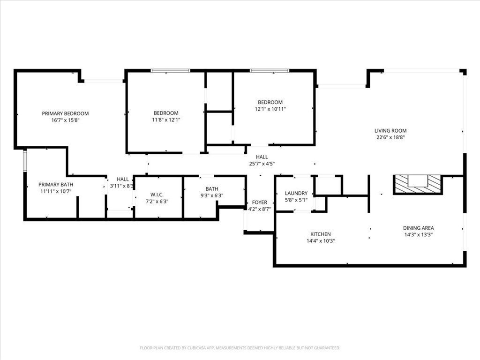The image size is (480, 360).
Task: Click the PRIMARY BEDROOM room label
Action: pos(65,113)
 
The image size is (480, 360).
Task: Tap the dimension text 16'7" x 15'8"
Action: pos(65,120)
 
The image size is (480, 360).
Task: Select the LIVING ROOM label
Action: pos(390,131)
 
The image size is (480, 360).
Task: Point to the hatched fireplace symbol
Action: pos(418,184)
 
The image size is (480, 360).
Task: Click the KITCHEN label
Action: pos(321,234)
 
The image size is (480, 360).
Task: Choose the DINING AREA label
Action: pos(418,228)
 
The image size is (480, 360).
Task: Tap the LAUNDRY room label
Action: pos(296,193)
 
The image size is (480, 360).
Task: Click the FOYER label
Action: pos(260,202)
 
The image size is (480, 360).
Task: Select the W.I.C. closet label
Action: pos(157,195)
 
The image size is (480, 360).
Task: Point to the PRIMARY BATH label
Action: pos(56,185)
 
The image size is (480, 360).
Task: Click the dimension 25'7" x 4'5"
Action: pos(262,164)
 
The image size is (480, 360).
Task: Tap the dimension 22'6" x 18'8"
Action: pos(390,137)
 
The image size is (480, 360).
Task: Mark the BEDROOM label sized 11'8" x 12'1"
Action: pos(166,113)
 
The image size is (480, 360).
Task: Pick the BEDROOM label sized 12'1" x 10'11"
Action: pos(270,102)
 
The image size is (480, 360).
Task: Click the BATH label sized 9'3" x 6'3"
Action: pos(212,189)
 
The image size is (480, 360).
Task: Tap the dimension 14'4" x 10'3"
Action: pos(321,241)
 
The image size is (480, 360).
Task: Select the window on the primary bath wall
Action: pos(25,160)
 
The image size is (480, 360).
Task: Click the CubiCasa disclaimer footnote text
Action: pos(240,348)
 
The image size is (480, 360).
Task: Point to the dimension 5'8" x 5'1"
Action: pos(296,200)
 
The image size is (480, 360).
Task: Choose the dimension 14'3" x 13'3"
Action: pos(418,235)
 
